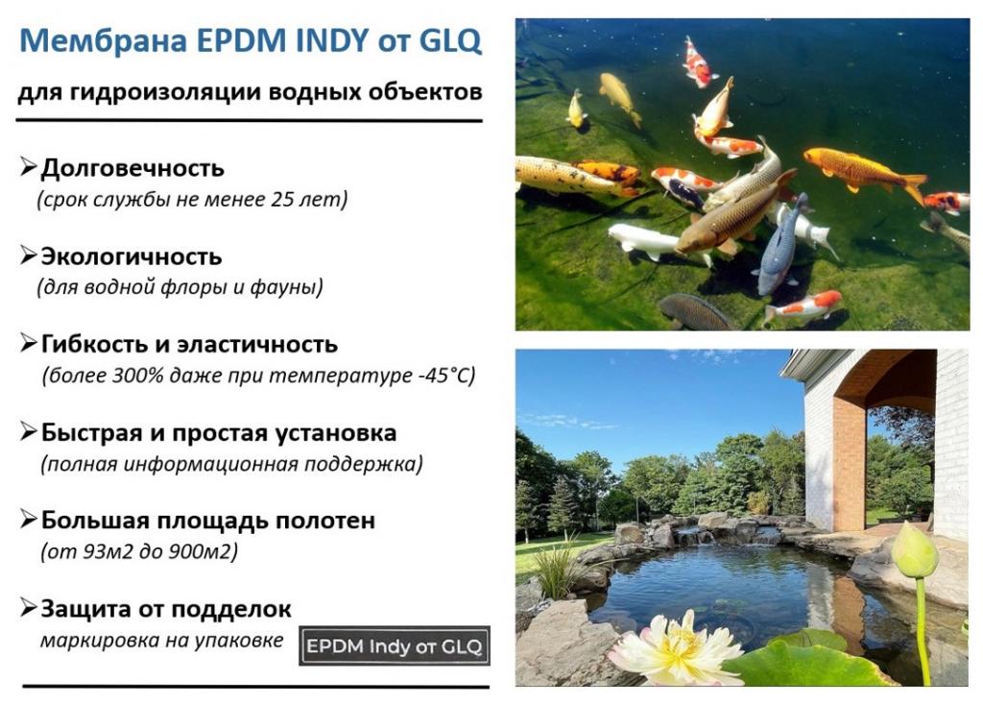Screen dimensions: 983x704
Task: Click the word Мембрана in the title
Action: pyautogui.click(x=104, y=40)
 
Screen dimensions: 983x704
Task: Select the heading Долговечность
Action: pyautogui.click(x=132, y=168)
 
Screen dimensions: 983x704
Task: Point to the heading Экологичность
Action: pyautogui.click(x=131, y=256)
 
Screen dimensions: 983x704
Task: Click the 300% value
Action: pyautogui.click(x=138, y=376)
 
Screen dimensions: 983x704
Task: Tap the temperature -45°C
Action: pyautogui.click(x=444, y=376)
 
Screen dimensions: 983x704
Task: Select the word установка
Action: pyautogui.click(x=336, y=433)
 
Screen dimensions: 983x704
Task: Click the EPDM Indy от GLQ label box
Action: pyautogui.click(x=395, y=645)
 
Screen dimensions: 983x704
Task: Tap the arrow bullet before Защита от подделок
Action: pyautogui.click(x=29, y=607)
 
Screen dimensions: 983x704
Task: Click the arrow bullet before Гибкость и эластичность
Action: pyautogui.click(x=29, y=343)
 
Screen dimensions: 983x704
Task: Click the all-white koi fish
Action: pyautogui.click(x=646, y=240)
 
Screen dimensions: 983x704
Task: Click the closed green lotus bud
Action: pyautogui.click(x=914, y=549)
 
